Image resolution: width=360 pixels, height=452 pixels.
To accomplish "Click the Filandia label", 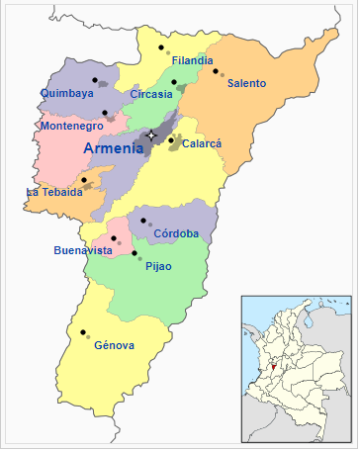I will [x=192, y=60].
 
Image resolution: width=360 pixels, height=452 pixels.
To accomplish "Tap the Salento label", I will [x=246, y=83].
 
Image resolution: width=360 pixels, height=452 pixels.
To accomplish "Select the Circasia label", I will [x=150, y=94].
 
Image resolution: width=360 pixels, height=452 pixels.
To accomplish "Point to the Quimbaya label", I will [x=66, y=93].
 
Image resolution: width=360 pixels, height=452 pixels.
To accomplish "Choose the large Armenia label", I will [x=114, y=148].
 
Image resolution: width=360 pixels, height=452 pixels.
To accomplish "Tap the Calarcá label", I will [x=202, y=143].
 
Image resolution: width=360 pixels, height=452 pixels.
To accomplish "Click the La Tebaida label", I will [x=54, y=192].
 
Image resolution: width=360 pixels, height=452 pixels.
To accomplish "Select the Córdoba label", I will [x=176, y=233].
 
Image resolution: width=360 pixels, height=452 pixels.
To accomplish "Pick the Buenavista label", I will [x=83, y=250].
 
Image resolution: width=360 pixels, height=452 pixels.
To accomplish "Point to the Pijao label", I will [x=158, y=266].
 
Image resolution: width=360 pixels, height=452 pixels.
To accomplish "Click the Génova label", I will [x=114, y=345].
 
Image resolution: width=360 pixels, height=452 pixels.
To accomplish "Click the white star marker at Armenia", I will [x=151, y=135].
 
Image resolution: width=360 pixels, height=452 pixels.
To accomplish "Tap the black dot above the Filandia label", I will [x=160, y=45].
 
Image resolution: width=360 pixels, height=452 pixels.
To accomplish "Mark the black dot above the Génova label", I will [x=83, y=331].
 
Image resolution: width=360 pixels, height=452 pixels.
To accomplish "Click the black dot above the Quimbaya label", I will [x=95, y=79].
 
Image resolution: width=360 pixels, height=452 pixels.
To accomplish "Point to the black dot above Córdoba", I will [x=142, y=220].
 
